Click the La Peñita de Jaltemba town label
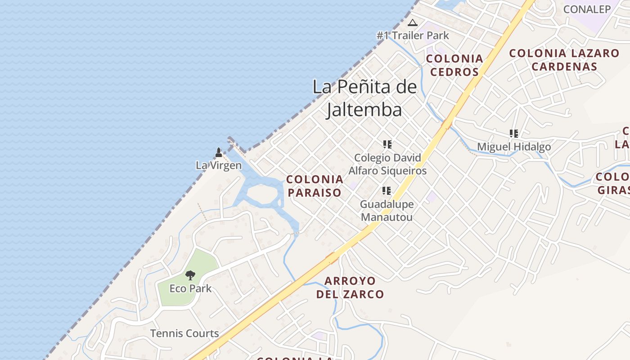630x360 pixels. [364, 98]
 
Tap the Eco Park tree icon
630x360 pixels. [190, 275]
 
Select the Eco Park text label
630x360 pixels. [190, 288]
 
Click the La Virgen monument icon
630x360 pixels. [219, 153]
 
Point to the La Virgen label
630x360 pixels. [219, 165]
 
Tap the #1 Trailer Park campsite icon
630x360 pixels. [413, 22]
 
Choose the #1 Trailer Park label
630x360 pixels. [413, 35]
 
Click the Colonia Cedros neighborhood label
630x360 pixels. [454, 65]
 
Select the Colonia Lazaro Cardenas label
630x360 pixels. [564, 60]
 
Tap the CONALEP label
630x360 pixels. [587, 9]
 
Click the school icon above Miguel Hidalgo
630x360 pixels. [514, 134]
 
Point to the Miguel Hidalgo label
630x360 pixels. [514, 147]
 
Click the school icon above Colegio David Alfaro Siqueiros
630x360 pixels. [387, 144]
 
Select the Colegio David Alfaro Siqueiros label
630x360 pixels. [387, 164]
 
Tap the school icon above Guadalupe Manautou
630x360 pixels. [387, 191]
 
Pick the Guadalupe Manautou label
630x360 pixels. [387, 211]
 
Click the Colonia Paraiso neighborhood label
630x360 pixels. [315, 186]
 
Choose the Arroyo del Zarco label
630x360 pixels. [350, 288]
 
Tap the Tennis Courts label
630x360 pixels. [184, 333]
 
